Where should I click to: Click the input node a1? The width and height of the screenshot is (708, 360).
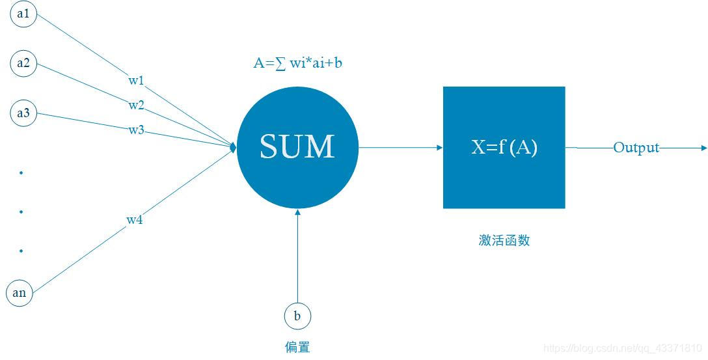point(23,14)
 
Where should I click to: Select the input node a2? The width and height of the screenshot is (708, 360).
point(23,63)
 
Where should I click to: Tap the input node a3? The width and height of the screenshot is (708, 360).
point(23,113)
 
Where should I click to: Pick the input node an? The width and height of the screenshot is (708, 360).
point(20,292)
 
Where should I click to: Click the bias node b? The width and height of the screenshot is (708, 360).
point(297,316)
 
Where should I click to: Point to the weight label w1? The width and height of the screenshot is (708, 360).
point(136,81)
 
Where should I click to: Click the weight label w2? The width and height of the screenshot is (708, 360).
point(136,105)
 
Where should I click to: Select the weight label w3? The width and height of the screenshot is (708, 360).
point(136,130)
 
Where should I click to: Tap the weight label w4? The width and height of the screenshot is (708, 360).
point(135,220)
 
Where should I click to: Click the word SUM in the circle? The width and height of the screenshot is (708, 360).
point(297,146)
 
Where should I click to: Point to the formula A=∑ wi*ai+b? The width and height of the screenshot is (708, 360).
point(297,63)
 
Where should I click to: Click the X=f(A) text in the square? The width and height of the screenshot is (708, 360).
point(504,147)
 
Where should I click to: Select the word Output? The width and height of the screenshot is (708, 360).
point(636,148)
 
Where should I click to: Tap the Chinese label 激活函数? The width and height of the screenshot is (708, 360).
point(504,240)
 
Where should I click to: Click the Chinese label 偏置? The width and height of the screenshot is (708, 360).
point(297,346)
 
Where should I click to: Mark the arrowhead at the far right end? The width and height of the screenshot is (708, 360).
point(703,148)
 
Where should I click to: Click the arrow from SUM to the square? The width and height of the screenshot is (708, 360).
point(400,148)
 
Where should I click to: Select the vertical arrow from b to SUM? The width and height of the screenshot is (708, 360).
point(297,257)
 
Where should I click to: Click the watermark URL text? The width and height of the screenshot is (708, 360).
point(622,349)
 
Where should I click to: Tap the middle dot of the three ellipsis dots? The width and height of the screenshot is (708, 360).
point(21,212)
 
